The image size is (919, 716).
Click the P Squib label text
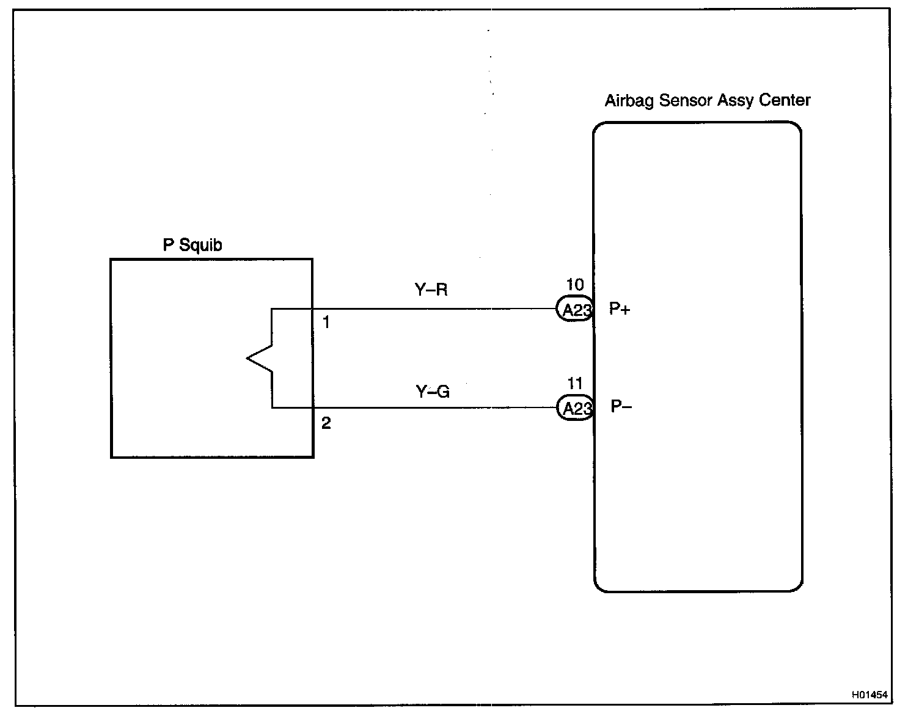click(192, 245)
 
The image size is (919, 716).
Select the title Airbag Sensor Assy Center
click(707, 100)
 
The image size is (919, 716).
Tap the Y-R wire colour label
click(431, 290)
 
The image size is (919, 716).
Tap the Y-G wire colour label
click(433, 391)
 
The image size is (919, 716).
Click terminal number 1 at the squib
click(326, 322)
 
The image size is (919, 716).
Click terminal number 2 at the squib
click(326, 423)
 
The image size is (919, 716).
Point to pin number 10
click(575, 284)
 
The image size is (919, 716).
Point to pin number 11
click(575, 384)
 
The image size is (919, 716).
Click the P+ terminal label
click(620, 309)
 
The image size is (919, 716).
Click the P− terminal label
click(621, 407)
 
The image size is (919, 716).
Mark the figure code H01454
click(870, 695)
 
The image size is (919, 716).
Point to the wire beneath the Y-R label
click(431, 309)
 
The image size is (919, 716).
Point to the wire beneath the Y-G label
click(433, 407)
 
